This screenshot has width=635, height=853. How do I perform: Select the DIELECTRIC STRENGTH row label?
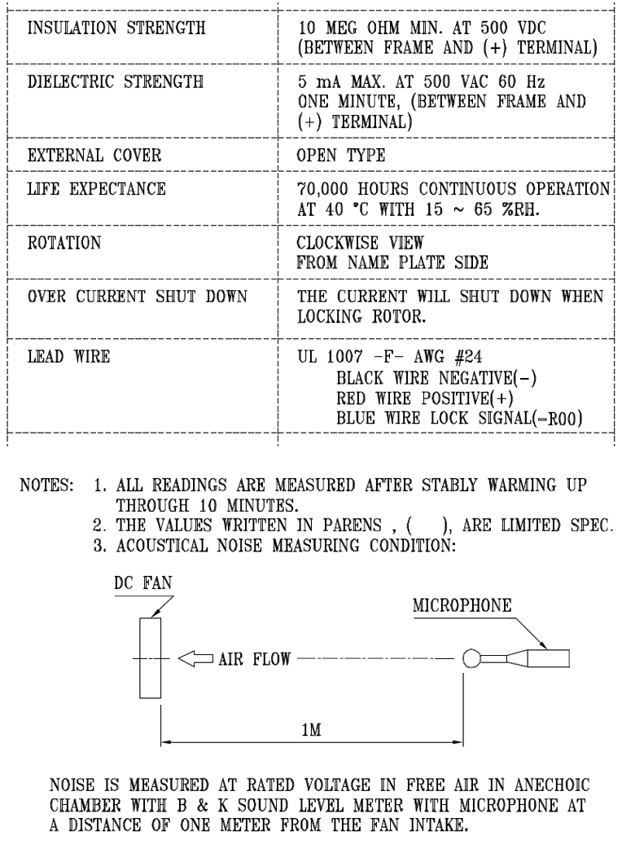point(113,83)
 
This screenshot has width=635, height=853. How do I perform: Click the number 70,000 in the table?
point(326,191)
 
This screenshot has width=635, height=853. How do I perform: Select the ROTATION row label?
point(63,242)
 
